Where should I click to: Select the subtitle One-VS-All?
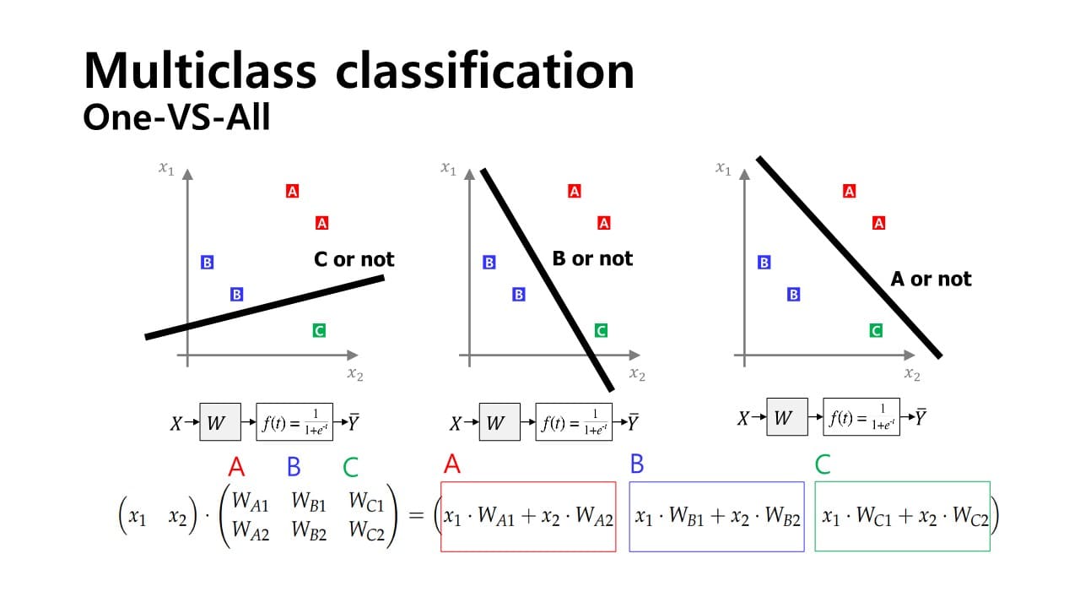pyautogui.click(x=176, y=117)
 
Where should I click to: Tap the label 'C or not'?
pyautogui.click(x=354, y=259)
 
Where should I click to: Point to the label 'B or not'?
pyautogui.click(x=592, y=258)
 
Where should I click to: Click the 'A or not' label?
pyautogui.click(x=931, y=279)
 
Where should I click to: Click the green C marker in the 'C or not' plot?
pyautogui.click(x=319, y=330)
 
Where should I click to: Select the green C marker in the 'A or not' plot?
pyautogui.click(x=876, y=330)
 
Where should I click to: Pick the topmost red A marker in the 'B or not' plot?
pyautogui.click(x=575, y=191)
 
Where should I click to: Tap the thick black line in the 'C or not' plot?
pyautogui.click(x=265, y=307)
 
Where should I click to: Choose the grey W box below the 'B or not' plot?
pyautogui.click(x=499, y=422)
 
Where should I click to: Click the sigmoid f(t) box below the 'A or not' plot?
pyautogui.click(x=861, y=417)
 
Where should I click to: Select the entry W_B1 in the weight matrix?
pyautogui.click(x=309, y=502)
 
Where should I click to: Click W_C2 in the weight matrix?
pyautogui.click(x=366, y=533)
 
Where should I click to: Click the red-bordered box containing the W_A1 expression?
pyautogui.click(x=528, y=516)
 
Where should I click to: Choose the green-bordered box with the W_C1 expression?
pyautogui.click(x=902, y=516)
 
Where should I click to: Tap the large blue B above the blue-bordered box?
pyautogui.click(x=637, y=464)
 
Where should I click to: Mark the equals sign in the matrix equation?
pyautogui.click(x=416, y=516)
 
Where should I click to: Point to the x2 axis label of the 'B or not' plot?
pyautogui.click(x=637, y=375)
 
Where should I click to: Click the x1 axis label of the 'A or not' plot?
pyautogui.click(x=723, y=169)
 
